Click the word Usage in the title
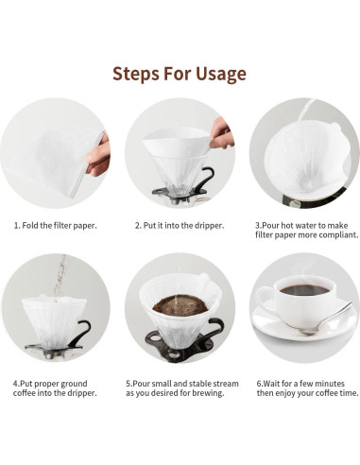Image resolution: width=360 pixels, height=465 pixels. [x=221, y=75]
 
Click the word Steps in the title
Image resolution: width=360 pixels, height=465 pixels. [x=136, y=74]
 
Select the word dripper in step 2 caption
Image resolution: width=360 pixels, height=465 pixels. [x=209, y=226]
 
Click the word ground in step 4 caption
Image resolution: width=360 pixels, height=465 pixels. [x=74, y=384]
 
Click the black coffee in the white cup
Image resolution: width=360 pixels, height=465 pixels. [x=304, y=290]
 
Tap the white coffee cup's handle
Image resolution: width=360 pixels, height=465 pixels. [x=264, y=300]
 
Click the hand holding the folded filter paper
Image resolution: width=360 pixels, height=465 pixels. [x=98, y=155]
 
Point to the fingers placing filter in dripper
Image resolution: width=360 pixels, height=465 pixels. [x=222, y=133]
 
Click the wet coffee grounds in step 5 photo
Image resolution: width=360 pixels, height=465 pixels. [x=180, y=305]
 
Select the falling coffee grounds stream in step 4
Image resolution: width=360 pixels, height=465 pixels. [x=60, y=277]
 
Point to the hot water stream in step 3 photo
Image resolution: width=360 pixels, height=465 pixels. [x=305, y=110]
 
